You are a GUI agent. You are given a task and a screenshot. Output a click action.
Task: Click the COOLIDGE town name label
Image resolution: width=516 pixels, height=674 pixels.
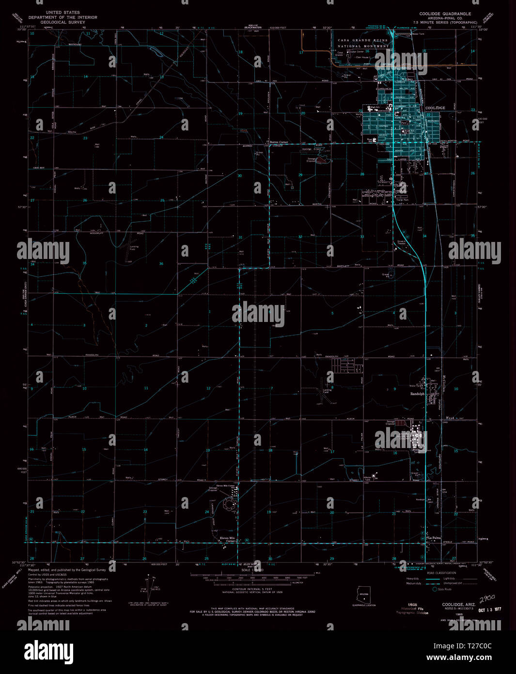pyautogui.click(x=434, y=108)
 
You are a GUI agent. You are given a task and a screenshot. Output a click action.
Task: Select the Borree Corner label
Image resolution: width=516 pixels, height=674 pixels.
pyautogui.click(x=279, y=142)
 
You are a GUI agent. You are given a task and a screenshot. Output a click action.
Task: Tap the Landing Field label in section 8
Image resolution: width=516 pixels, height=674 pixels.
pyautogui.click(x=328, y=390)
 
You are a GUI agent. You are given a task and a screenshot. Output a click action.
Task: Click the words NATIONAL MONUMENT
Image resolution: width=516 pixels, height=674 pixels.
pyautogui.click(x=363, y=46)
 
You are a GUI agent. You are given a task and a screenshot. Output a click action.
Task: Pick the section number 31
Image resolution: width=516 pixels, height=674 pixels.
pyautogui.click(x=240, y=237)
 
